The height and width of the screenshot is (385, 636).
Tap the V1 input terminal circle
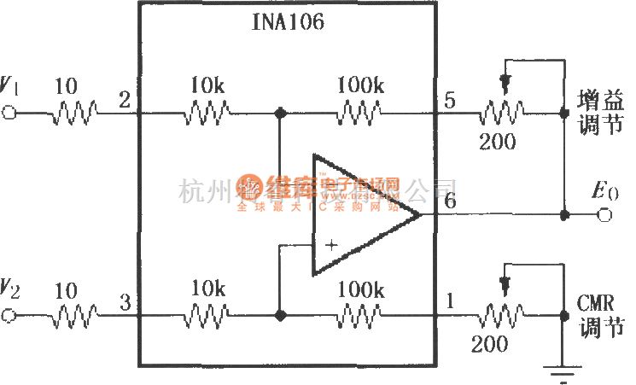tap(9, 113)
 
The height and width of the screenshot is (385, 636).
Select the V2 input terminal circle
tap(9, 315)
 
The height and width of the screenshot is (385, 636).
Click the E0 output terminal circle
tap(604, 215)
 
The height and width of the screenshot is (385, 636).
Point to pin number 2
tap(125, 100)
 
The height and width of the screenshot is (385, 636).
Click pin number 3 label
tap(125, 302)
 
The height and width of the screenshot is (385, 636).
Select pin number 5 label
tap(449, 101)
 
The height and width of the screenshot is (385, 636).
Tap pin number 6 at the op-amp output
tap(449, 201)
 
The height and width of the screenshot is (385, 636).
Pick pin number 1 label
tap(449, 302)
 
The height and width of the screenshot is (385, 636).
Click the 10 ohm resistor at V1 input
tap(73, 113)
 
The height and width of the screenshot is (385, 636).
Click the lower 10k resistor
tap(207, 315)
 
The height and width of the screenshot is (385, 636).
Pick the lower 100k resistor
tap(359, 315)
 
